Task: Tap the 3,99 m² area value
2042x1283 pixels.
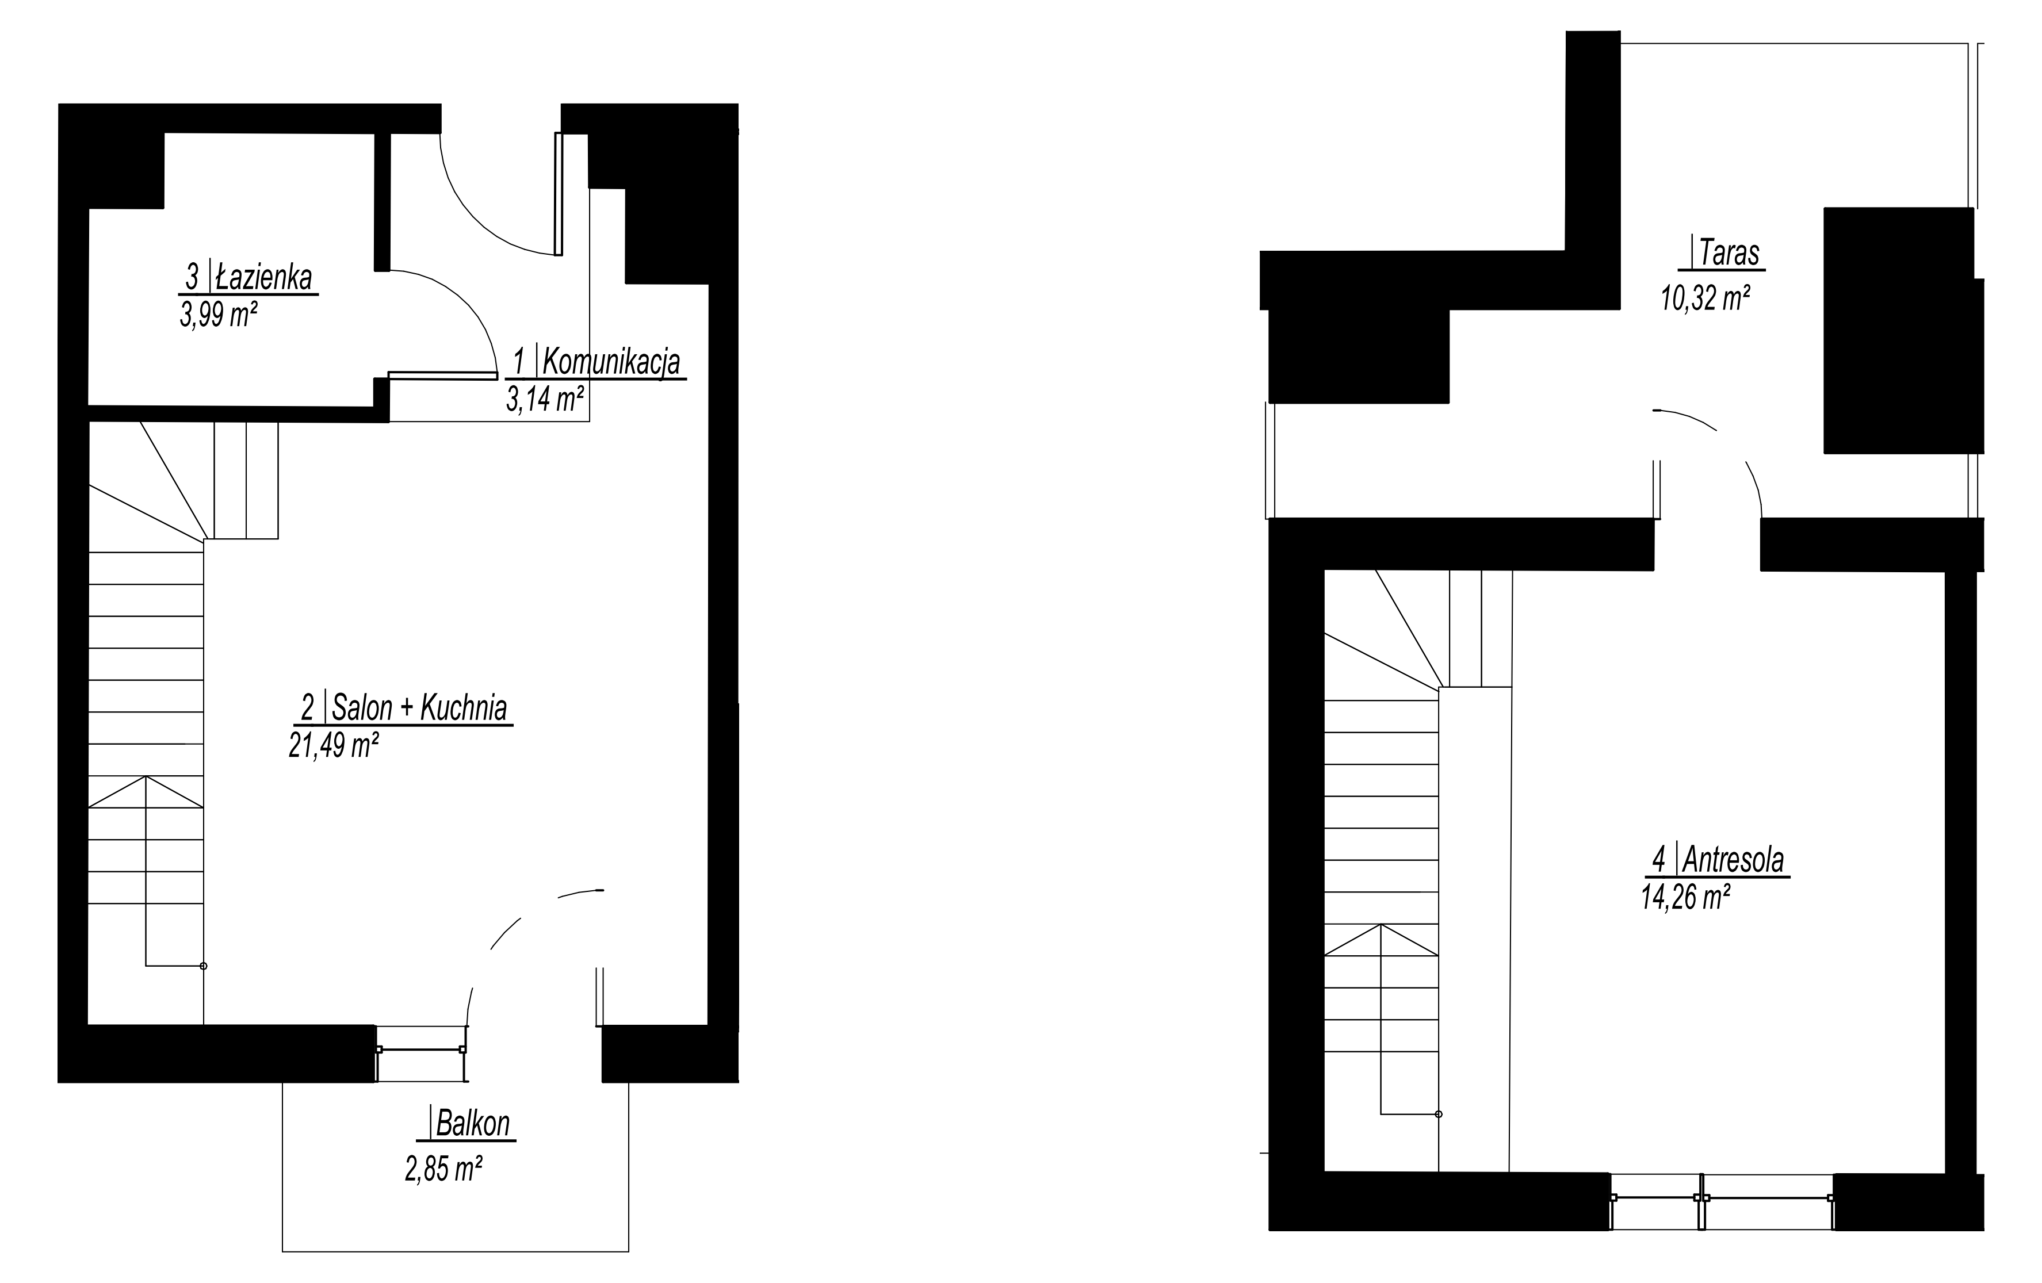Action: [219, 315]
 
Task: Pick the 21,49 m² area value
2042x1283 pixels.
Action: [333, 745]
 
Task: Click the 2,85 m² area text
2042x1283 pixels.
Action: [443, 1169]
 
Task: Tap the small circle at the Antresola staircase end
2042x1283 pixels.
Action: [1438, 1115]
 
